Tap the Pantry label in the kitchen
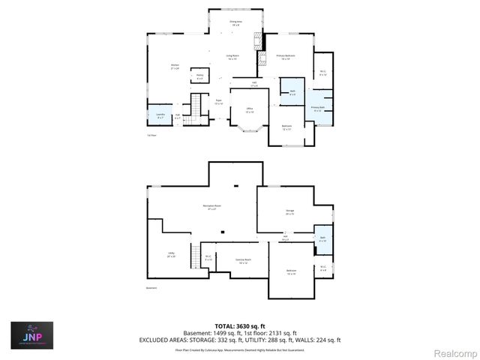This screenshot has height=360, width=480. [200, 76]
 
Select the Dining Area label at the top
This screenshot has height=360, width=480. [235, 23]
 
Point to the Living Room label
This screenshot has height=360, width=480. [233, 57]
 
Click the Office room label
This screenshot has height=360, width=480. [248, 111]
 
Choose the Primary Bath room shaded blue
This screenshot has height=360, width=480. [318, 108]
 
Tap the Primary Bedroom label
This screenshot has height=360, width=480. [285, 57]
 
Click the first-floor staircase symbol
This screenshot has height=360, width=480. [197, 107]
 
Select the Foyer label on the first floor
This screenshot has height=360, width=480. [219, 102]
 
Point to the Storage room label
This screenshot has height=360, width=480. [289, 212]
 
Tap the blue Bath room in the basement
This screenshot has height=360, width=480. [322, 238]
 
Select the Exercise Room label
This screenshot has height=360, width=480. [242, 260]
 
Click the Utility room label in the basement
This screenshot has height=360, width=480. [172, 255]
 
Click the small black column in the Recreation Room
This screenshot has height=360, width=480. [222, 232]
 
